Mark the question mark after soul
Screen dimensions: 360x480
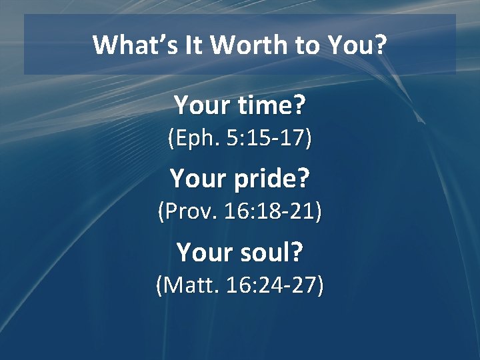pos(297,253)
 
